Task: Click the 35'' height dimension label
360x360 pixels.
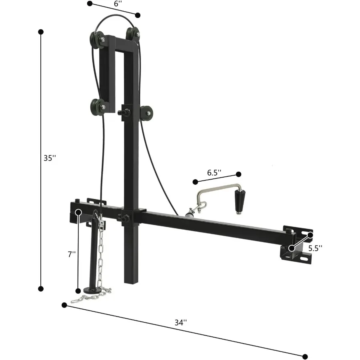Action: [x=50, y=158]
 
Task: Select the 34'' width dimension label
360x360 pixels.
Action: [x=181, y=322]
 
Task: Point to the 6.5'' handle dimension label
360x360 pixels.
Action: [x=214, y=173]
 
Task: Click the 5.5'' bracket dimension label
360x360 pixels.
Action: [x=315, y=248]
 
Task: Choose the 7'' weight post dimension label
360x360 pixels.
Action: [x=72, y=254]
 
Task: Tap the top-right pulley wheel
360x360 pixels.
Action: [x=132, y=34]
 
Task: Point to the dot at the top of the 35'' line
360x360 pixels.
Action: [x=40, y=31]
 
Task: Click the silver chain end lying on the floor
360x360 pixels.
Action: [x=80, y=298]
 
